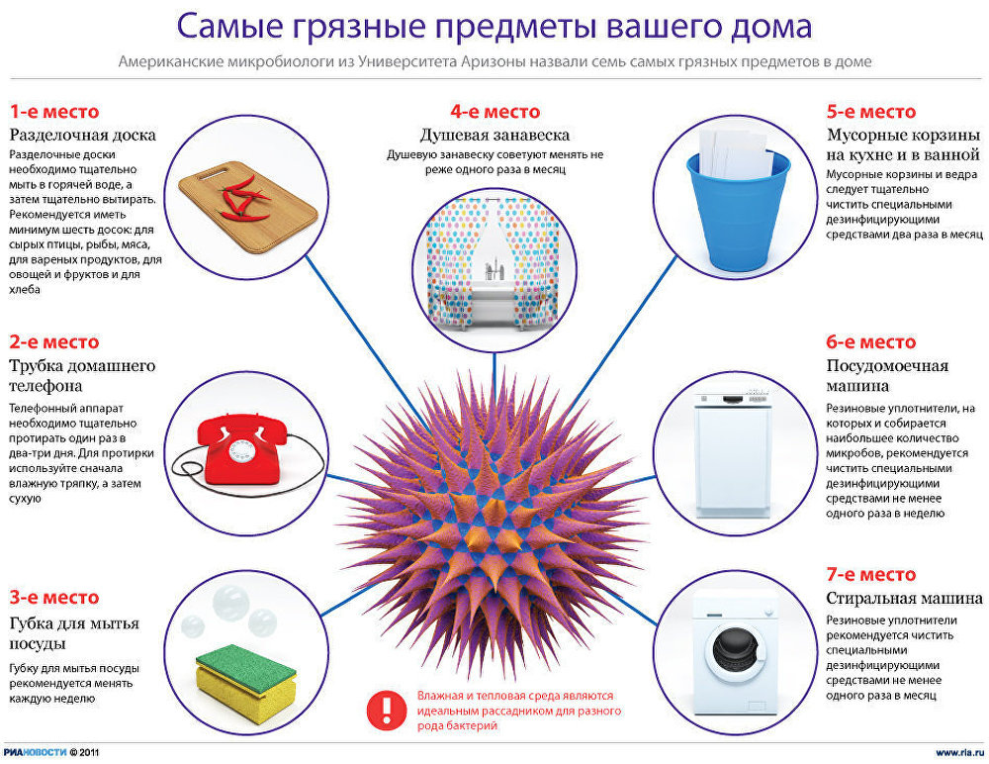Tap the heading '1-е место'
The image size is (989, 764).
pyautogui.click(x=54, y=111)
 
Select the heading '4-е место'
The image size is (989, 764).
pyautogui.click(x=494, y=111)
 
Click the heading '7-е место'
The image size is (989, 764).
pyautogui.click(x=871, y=574)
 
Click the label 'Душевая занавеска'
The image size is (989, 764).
pyautogui.click(x=494, y=135)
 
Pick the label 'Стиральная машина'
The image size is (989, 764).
pyautogui.click(x=904, y=598)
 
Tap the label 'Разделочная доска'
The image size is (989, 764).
pyautogui.click(x=83, y=135)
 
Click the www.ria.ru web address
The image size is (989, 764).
pyautogui.click(x=958, y=752)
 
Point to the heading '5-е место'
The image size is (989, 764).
pyautogui.click(x=871, y=111)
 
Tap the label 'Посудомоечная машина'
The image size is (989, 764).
pyautogui.click(x=887, y=376)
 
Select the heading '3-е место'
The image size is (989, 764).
pyautogui.click(x=54, y=597)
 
